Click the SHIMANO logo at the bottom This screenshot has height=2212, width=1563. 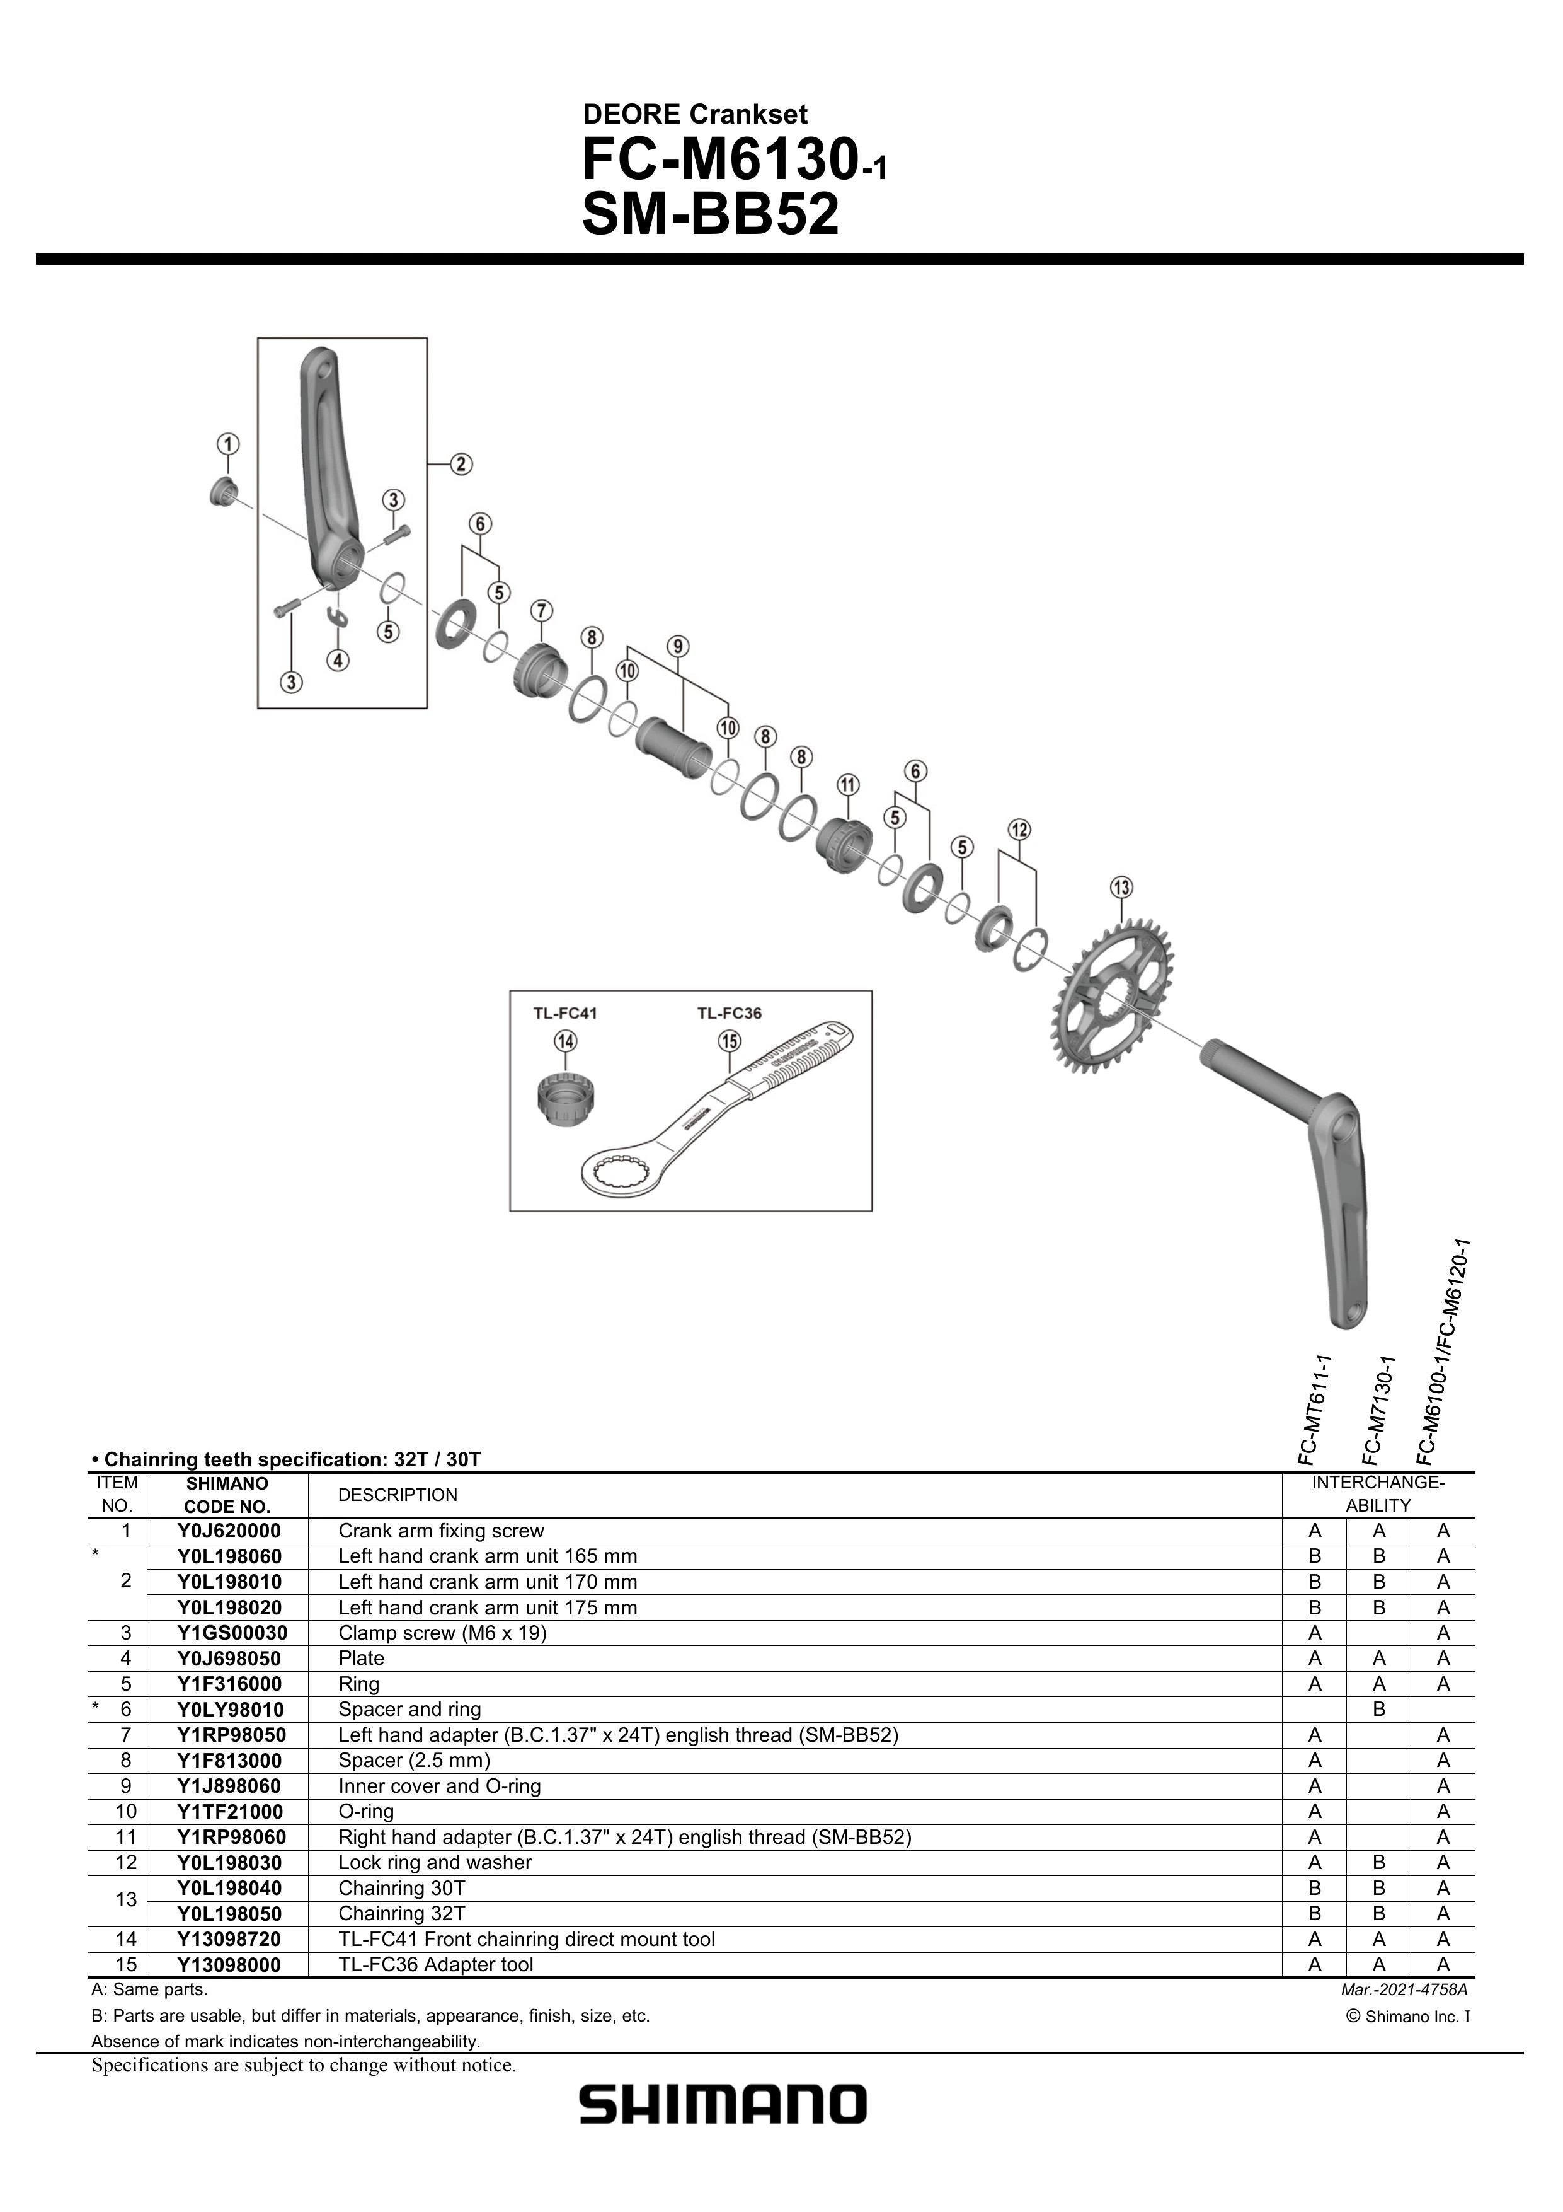click(722, 2105)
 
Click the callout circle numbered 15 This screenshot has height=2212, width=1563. click(729, 1041)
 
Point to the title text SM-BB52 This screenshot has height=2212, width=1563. click(711, 215)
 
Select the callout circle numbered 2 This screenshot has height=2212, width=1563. click(461, 465)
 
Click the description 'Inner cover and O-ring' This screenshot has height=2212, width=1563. click(439, 1786)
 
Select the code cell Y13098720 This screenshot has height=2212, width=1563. click(229, 1939)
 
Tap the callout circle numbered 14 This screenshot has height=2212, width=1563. click(565, 1041)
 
